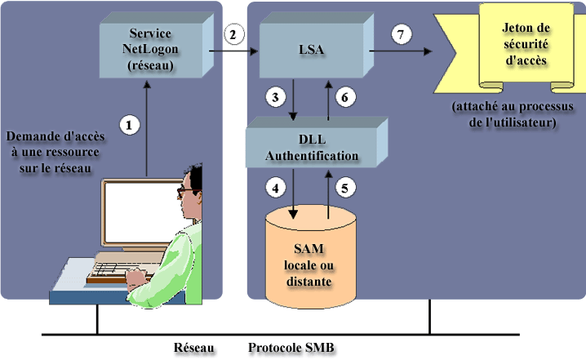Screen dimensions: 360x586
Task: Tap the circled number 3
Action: click(x=277, y=97)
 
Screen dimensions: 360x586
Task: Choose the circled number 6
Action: click(x=345, y=97)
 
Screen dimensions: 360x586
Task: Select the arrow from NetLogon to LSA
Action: click(x=233, y=51)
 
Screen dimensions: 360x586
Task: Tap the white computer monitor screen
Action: click(x=138, y=216)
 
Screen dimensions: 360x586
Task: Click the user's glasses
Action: click(x=187, y=190)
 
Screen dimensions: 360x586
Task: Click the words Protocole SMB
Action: click(x=291, y=349)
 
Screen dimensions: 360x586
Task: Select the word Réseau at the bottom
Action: click(x=194, y=349)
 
